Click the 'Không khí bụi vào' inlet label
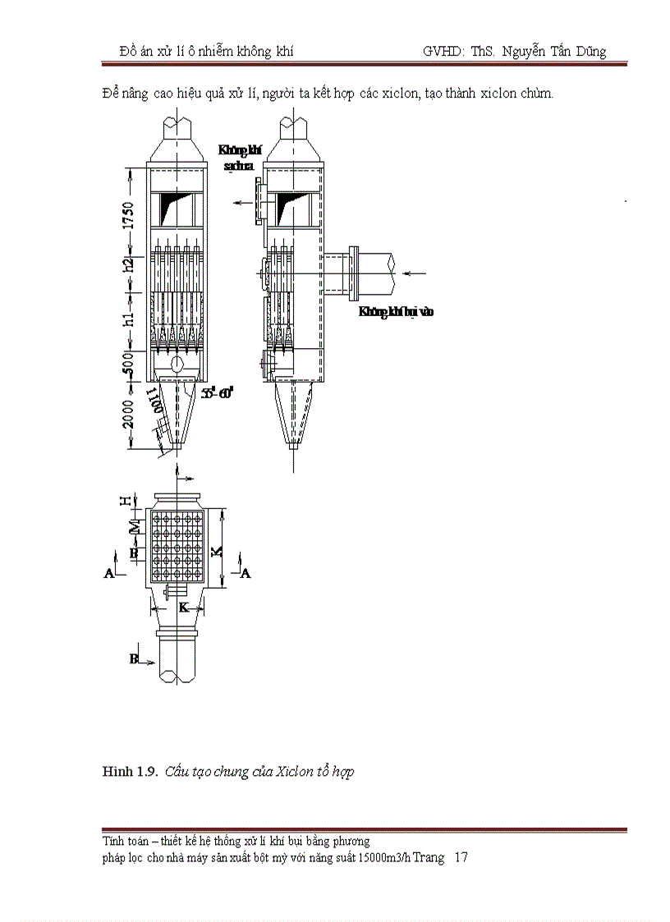396,311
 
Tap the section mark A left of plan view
108,574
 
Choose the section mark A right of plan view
244,573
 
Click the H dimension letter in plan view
125,501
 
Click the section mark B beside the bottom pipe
134,658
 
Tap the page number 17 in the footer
461,857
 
